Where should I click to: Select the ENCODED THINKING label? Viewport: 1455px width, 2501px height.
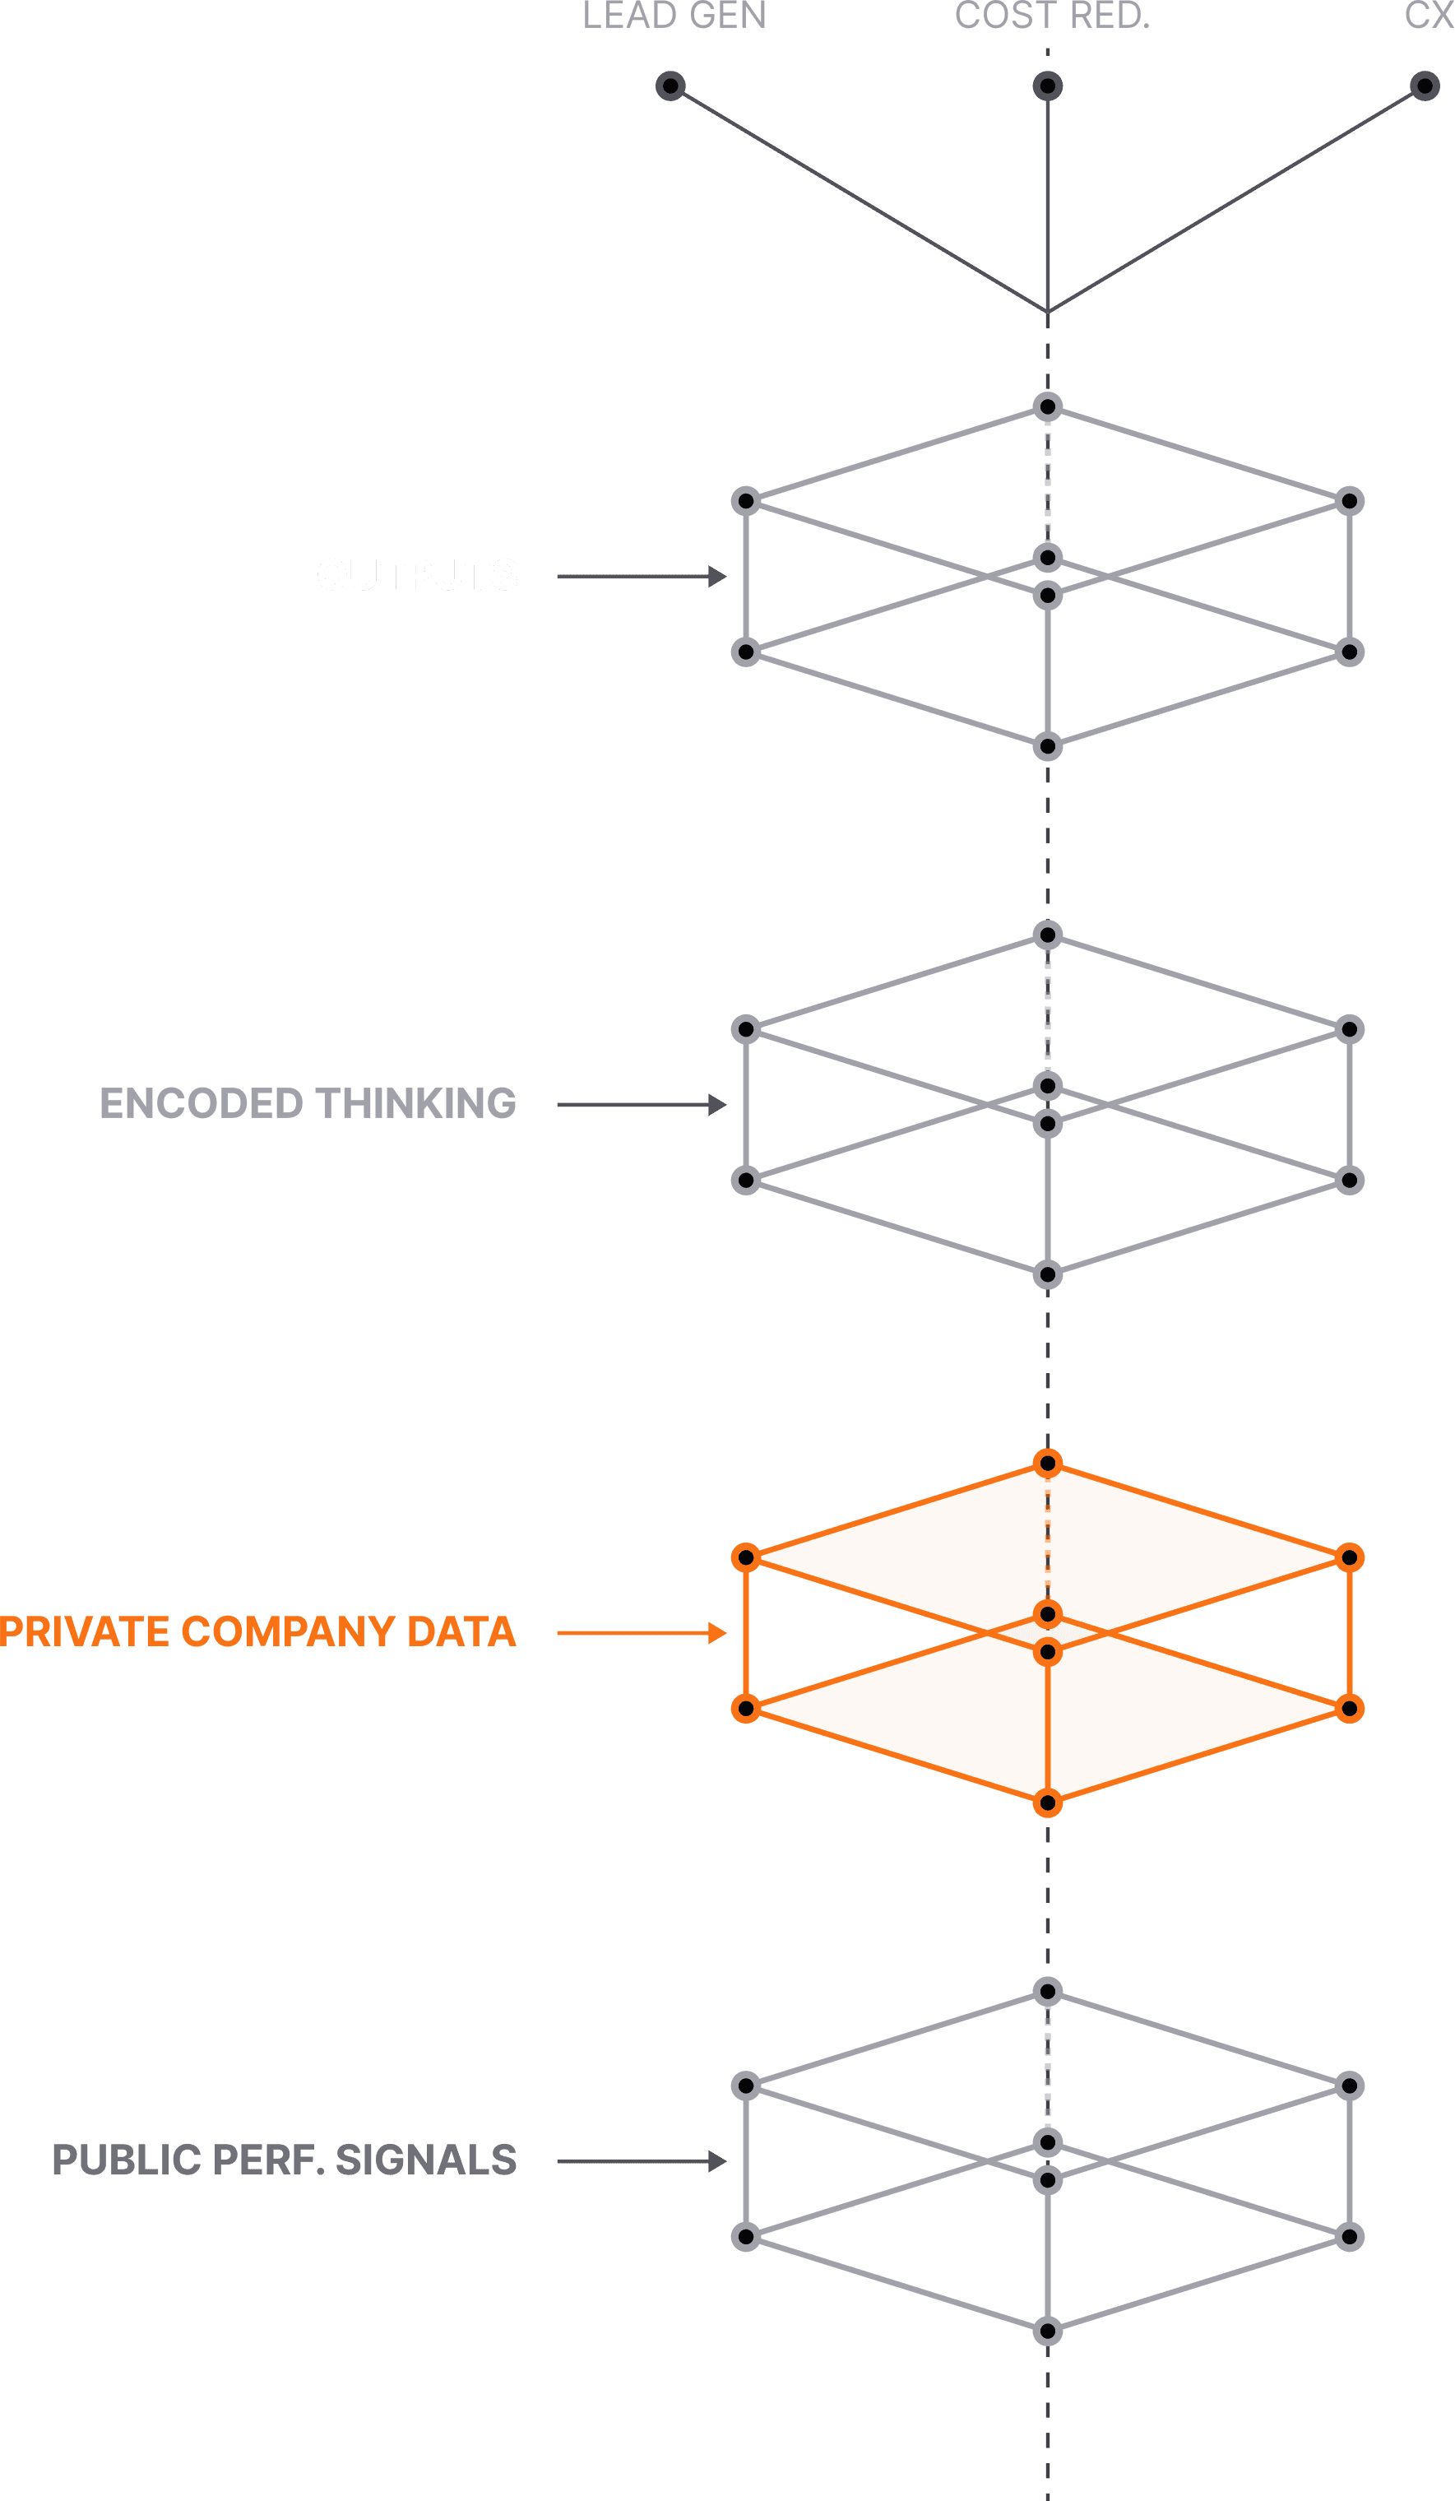tap(308, 1103)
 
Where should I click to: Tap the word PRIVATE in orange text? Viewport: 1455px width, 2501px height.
tap(85, 1631)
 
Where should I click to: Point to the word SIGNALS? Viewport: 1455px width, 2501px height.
tap(426, 2160)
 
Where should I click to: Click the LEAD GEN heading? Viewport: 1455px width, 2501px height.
tap(674, 16)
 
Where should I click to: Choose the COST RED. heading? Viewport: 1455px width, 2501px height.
tap(1052, 16)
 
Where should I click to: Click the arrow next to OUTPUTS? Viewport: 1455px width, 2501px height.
tap(642, 577)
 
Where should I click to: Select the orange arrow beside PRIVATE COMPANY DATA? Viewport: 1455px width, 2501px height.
tap(642, 1632)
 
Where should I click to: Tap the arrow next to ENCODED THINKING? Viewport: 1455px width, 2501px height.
tap(642, 1105)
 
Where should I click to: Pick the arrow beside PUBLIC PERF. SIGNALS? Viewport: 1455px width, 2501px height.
tap(642, 2160)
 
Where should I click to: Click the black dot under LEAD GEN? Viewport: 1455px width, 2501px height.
tap(671, 86)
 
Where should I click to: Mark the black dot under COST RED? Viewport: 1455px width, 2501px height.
tap(1047, 86)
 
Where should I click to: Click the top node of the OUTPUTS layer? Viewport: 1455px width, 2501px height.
tap(1047, 407)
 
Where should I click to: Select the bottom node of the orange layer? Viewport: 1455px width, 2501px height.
tap(1047, 1803)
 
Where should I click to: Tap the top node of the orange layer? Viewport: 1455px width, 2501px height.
tap(1047, 1463)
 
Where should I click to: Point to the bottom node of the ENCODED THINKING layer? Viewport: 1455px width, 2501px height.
tap(1047, 1274)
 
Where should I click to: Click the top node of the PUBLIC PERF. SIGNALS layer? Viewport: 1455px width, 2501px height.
tap(1047, 1991)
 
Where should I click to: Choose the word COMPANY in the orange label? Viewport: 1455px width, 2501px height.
tap(288, 1631)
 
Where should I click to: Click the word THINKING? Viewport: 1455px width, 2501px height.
tap(416, 1103)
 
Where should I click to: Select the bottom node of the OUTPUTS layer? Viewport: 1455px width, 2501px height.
tap(1047, 746)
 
